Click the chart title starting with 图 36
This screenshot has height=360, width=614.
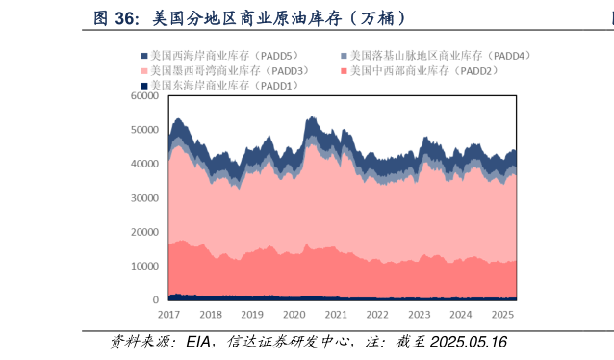pyautogui.click(x=248, y=17)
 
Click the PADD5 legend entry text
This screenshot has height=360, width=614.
pyautogui.click(x=225, y=56)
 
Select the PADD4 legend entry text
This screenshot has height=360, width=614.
pyautogui.click(x=441, y=56)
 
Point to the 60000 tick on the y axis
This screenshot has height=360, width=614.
pyautogui.click(x=145, y=95)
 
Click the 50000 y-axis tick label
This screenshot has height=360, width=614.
pyautogui.click(x=145, y=129)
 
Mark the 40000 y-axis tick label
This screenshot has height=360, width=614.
pyautogui.click(x=145, y=164)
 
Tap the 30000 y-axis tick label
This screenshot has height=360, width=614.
pyautogui.click(x=145, y=197)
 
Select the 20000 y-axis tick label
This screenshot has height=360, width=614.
pyautogui.click(x=145, y=232)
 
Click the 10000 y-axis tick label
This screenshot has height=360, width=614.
pyautogui.click(x=145, y=266)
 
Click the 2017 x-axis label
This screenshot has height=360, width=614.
pyautogui.click(x=168, y=315)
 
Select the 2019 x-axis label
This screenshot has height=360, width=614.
pyautogui.click(x=252, y=315)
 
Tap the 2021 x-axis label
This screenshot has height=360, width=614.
pyautogui.click(x=336, y=315)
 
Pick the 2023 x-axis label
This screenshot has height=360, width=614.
pyautogui.click(x=420, y=315)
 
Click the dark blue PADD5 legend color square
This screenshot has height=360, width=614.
pyautogui.click(x=143, y=56)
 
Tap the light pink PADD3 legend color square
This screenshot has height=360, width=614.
pyautogui.click(x=143, y=70)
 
